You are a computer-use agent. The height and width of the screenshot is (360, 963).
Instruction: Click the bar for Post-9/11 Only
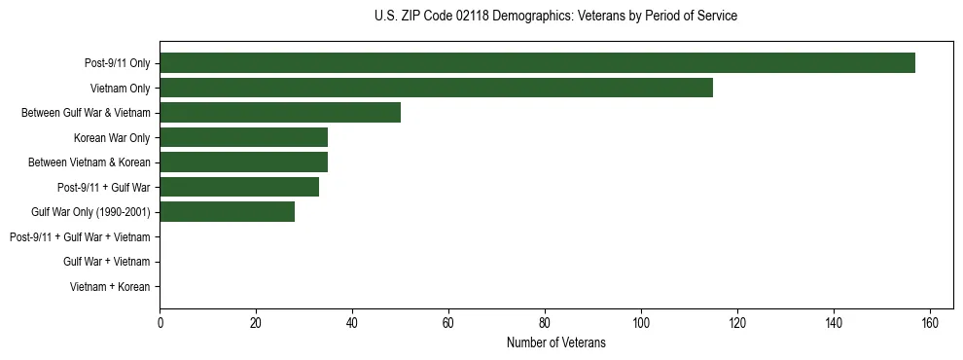point(537,63)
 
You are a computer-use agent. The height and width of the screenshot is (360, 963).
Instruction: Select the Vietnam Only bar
point(436,88)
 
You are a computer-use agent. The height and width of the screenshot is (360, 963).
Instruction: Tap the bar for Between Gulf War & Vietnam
point(280,113)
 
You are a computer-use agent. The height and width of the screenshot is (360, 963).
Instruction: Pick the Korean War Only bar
point(243,137)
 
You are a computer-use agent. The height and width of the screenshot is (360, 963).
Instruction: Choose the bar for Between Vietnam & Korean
point(243,162)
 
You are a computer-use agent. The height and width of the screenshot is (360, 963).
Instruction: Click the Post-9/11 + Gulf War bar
point(239,187)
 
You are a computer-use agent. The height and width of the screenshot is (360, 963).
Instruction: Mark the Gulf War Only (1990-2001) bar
point(227,212)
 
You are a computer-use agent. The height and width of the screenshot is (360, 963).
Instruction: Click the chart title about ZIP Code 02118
point(555,17)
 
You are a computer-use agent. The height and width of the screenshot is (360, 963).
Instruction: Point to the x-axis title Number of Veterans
point(555,342)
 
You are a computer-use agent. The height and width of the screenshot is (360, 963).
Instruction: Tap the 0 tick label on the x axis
point(160,322)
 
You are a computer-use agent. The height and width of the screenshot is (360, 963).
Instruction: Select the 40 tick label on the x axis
point(352,322)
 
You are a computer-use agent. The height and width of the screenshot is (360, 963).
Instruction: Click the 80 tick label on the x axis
point(545,322)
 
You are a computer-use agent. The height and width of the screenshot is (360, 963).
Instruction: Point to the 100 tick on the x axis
point(641,322)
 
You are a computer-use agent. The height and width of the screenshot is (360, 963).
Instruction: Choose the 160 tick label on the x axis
point(930,322)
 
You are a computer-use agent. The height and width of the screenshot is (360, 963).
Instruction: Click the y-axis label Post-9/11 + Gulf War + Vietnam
point(80,237)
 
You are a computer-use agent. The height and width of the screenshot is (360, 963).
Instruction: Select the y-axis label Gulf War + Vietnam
point(107,262)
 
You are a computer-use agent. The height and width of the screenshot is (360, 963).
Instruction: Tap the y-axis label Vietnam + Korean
point(110,287)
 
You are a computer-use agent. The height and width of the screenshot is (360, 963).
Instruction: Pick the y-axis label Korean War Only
point(112,137)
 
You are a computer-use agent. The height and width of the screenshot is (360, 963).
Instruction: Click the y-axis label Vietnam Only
point(120,88)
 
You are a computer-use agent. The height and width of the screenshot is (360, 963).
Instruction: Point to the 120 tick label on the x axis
point(737,322)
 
